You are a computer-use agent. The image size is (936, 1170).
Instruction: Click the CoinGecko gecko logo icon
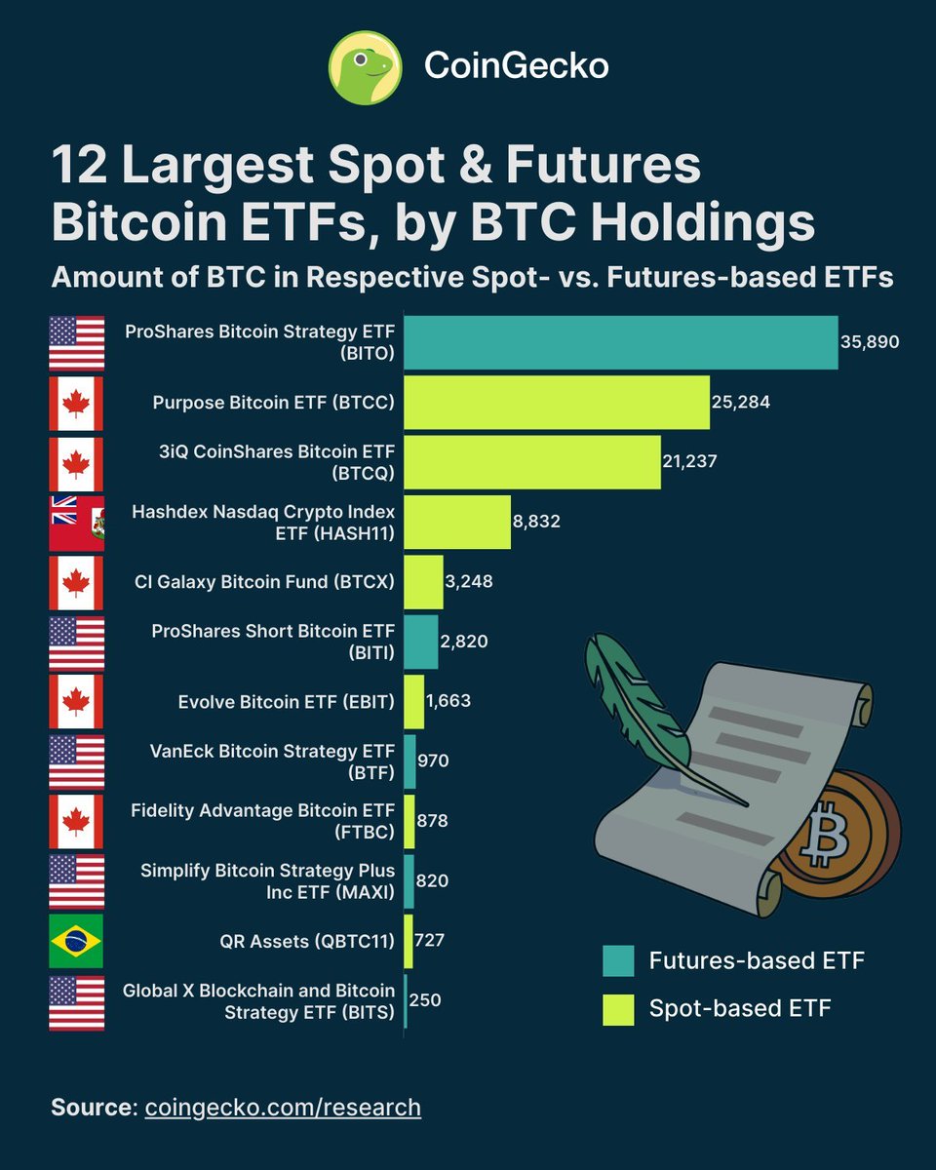coord(366,66)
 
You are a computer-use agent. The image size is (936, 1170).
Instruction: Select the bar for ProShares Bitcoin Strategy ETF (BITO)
coord(621,342)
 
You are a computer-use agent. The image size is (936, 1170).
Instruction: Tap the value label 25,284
coord(741,402)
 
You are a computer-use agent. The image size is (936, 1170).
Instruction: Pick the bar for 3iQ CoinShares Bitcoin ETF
coord(532,462)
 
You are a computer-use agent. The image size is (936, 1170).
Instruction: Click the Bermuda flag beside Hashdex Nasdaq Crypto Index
coord(77,524)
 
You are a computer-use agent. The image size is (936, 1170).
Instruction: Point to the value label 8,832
coord(536,522)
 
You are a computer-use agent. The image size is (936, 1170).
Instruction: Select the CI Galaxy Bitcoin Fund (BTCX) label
coord(264,582)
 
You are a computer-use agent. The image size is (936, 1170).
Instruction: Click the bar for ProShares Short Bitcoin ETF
coord(421,641)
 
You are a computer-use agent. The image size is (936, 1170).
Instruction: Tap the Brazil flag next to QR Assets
coord(77,941)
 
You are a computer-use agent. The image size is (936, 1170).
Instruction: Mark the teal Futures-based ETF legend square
coord(618,960)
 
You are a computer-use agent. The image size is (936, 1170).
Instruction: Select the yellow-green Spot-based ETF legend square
coord(618,1009)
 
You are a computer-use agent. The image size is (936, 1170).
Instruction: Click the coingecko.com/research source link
coord(283,1108)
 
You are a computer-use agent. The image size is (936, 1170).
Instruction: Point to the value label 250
coord(425,1000)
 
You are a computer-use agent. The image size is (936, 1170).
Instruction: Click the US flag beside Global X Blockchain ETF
coord(77,1001)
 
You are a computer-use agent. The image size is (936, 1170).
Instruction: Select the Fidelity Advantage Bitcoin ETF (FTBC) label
coord(263,821)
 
